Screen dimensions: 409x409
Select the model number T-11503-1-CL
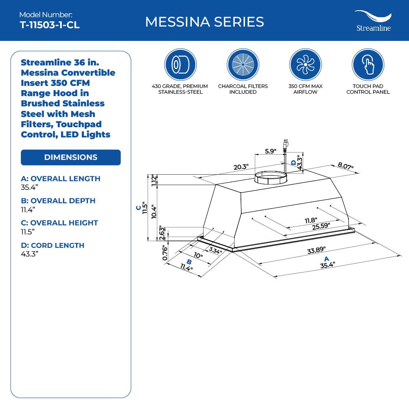(x=49, y=25)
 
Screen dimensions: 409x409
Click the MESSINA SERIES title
(x=204, y=22)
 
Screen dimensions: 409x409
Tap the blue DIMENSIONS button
(x=71, y=157)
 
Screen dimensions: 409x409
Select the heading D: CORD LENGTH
(x=52, y=245)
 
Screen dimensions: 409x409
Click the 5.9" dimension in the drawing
(x=270, y=151)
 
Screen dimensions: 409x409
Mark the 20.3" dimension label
(x=241, y=167)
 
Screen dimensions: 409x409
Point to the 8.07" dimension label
(x=346, y=166)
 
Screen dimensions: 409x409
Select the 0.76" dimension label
(x=165, y=252)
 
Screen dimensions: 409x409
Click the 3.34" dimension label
(x=215, y=250)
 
